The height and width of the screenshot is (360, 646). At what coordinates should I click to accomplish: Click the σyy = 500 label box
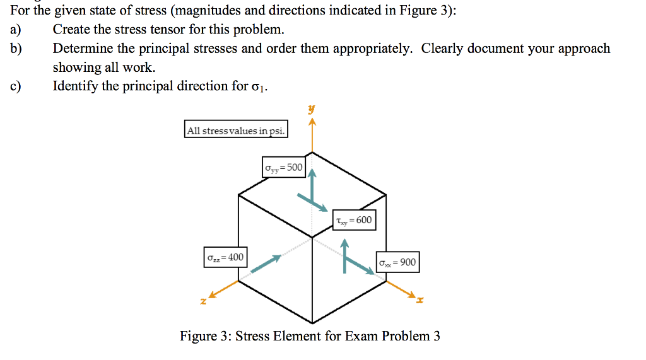pyautogui.click(x=284, y=167)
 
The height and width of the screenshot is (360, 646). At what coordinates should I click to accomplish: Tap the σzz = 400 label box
pyautogui.click(x=225, y=257)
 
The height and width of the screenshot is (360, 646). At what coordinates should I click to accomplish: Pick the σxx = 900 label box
pyautogui.click(x=397, y=262)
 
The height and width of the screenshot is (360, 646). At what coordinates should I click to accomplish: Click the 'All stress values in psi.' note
pyautogui.click(x=236, y=129)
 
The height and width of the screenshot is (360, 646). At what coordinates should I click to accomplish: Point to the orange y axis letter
pyautogui.click(x=312, y=109)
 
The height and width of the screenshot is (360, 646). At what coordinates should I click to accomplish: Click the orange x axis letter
pyautogui.click(x=420, y=300)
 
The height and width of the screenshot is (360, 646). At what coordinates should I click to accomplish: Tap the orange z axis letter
pyautogui.click(x=203, y=301)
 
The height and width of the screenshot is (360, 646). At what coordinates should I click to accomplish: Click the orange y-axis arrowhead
pyautogui.click(x=312, y=122)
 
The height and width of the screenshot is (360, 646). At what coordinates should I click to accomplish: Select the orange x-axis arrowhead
pyautogui.click(x=411, y=294)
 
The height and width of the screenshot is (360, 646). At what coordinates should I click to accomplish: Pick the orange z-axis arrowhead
pyautogui.click(x=212, y=294)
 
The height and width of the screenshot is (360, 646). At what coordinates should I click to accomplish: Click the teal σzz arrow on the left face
pyautogui.click(x=266, y=264)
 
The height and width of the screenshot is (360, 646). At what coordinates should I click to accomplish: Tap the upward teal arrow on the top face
pyautogui.click(x=313, y=186)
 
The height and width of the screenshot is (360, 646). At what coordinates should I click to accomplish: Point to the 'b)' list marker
pyautogui.click(x=16, y=49)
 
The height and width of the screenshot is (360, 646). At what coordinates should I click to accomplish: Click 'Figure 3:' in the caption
pyautogui.click(x=205, y=336)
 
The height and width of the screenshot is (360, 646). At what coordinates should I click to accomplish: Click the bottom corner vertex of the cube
pyautogui.click(x=312, y=323)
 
